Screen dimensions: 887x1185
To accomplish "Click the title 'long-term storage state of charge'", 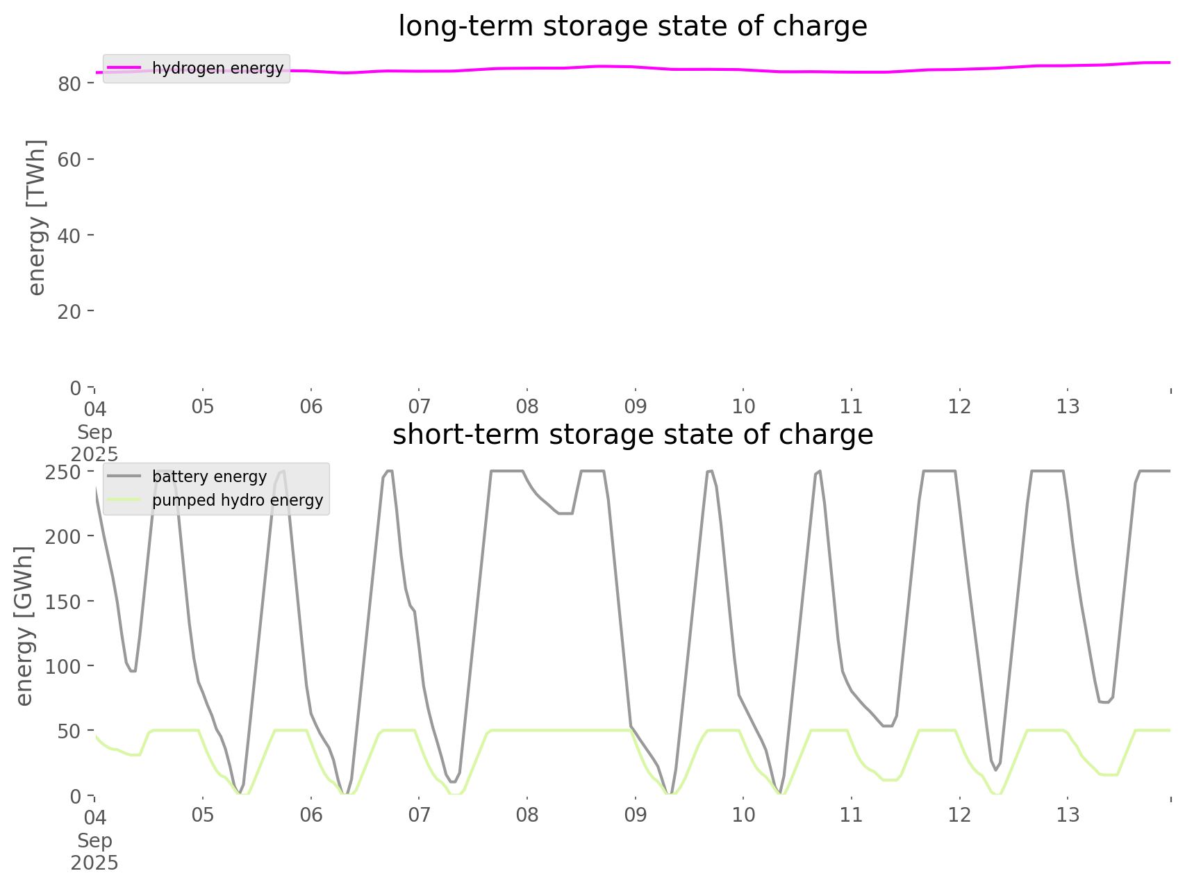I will [632, 26].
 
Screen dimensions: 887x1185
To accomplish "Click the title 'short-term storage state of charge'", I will [632, 435].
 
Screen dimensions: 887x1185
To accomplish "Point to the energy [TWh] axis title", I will [36, 217].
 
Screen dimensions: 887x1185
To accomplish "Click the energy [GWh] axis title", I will [24, 626].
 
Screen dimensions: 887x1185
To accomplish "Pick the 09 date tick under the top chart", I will [635, 406].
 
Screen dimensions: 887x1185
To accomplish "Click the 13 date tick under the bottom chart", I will [1068, 815].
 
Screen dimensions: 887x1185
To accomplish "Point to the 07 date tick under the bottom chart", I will [419, 815].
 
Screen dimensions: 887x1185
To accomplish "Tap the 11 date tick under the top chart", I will [851, 406].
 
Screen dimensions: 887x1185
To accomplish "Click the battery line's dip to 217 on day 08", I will [565, 513].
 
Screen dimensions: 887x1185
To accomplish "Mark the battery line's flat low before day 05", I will [132, 671].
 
